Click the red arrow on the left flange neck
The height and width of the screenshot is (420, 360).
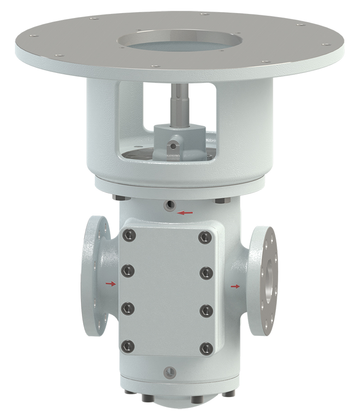point(110,284)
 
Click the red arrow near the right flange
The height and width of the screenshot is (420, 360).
point(235,286)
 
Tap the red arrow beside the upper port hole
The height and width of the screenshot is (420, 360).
point(184,212)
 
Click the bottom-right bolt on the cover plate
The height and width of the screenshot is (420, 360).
point(206,347)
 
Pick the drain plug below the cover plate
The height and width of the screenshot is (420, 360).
point(169,371)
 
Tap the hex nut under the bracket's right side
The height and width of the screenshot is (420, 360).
point(221,199)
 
